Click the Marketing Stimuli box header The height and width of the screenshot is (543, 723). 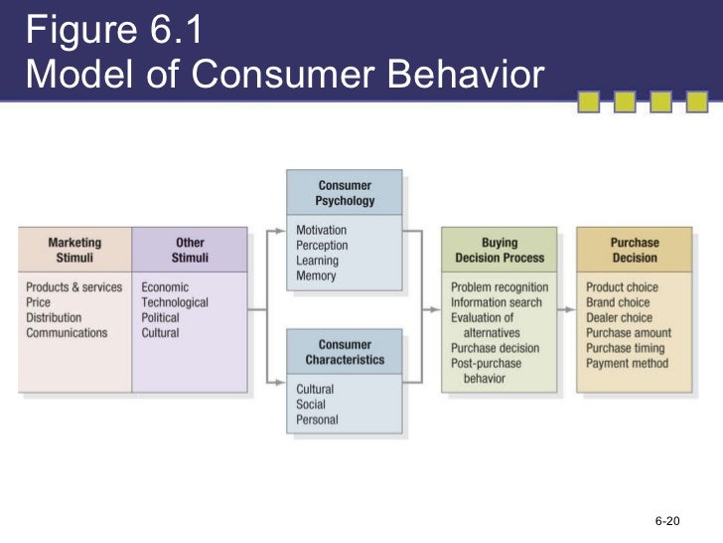(74, 250)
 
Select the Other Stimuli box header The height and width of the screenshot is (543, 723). (190, 250)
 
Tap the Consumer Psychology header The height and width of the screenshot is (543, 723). (345, 193)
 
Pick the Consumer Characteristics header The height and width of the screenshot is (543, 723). (345, 351)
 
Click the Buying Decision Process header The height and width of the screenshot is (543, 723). (500, 250)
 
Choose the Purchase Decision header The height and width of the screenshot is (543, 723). (635, 250)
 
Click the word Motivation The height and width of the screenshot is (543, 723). (322, 231)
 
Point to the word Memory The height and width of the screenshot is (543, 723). (317, 275)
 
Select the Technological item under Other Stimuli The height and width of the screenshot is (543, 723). (175, 302)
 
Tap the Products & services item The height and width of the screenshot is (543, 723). (74, 287)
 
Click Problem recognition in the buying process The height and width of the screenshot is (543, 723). (500, 287)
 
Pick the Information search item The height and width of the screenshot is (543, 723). (498, 302)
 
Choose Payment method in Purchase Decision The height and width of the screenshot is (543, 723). (627, 363)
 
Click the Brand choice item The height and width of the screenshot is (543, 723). (618, 302)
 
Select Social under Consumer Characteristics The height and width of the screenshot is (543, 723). (311, 405)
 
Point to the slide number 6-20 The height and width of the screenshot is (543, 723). (666, 521)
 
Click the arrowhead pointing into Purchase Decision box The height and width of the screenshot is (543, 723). (571, 310)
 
